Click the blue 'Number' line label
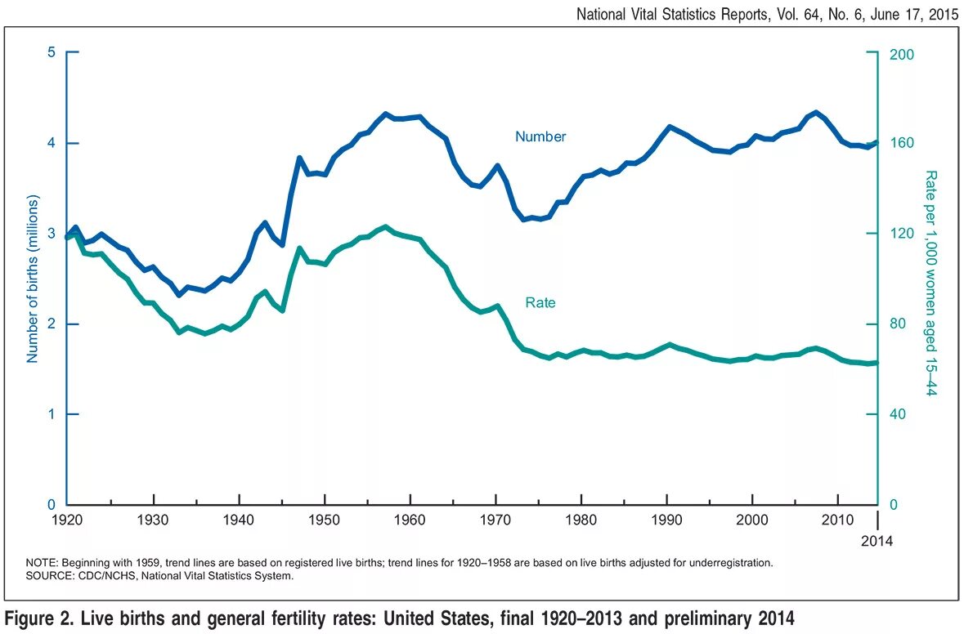[x=540, y=137]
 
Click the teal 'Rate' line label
[x=540, y=303]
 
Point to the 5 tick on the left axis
[x=51, y=53]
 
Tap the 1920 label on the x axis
[x=68, y=520]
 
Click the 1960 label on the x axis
[x=410, y=520]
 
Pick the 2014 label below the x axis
[x=877, y=541]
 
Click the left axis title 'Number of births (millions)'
[x=34, y=279]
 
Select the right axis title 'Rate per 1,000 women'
[x=930, y=282]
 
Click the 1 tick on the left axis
[x=51, y=414]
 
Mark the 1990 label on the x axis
[x=667, y=520]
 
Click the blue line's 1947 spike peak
[x=299, y=158]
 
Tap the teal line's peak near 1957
[x=385, y=226]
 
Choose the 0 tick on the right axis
[x=895, y=505]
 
